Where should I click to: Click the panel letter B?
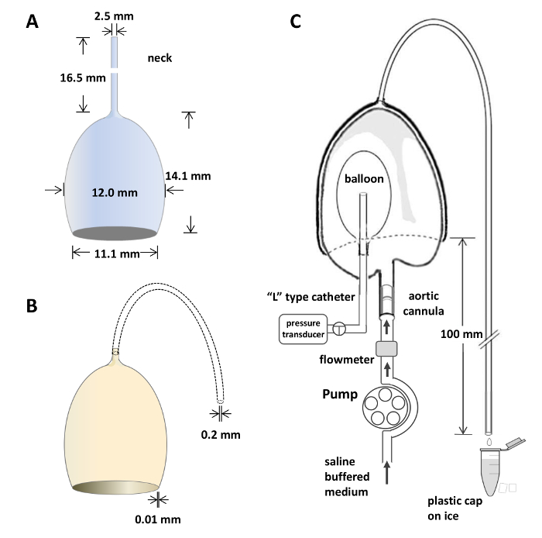(x=32, y=306)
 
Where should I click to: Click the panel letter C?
(x=296, y=22)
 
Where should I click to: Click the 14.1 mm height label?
(x=188, y=176)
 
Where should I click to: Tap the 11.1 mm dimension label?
(x=115, y=253)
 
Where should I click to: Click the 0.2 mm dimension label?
(x=222, y=434)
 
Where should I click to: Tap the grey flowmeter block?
(x=385, y=350)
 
